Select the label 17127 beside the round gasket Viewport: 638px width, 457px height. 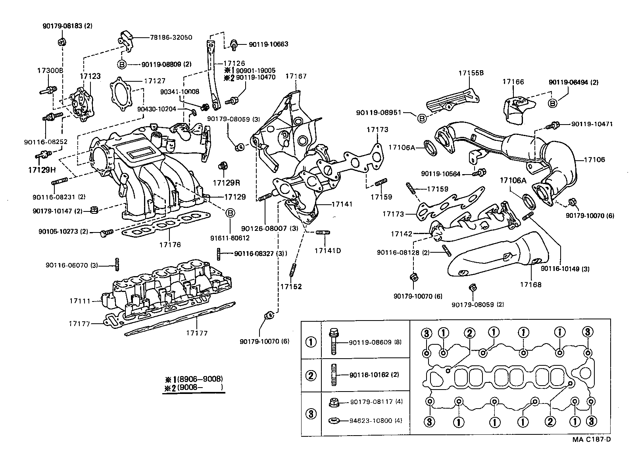154,81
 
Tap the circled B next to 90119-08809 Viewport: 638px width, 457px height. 122,64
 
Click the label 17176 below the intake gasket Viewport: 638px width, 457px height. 170,245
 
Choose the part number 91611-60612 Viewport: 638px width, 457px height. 230,238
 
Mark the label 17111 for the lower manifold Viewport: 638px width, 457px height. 78,301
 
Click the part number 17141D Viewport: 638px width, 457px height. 328,251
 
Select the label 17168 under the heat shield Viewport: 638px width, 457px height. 531,284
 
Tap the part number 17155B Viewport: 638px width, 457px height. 471,73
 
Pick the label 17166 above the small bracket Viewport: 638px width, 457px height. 513,82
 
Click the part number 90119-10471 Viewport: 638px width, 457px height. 592,124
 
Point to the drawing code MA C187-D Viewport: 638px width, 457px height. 591,440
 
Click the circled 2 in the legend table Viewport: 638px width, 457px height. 311,375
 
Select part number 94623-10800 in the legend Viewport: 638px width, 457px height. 371,421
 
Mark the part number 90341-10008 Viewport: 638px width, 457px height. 180,92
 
